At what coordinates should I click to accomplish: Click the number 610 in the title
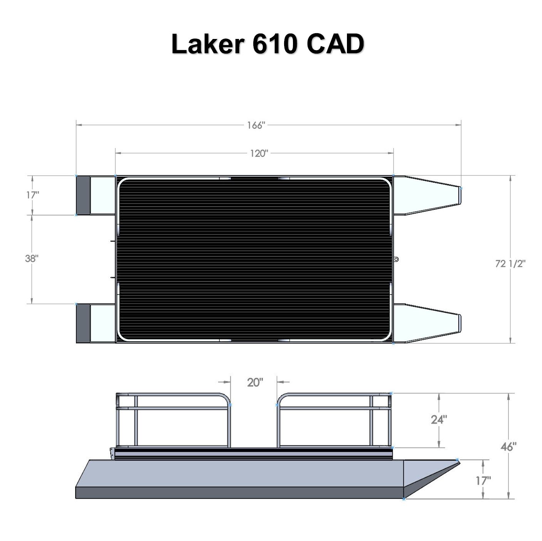coord(274,44)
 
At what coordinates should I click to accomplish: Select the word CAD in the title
coord(335,44)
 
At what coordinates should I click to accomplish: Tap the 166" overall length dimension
coord(256,125)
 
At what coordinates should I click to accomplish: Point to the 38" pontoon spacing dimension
coord(32,258)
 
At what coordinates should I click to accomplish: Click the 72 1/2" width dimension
coord(510,263)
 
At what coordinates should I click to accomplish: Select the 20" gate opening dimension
coord(255,383)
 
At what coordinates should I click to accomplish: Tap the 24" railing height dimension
coord(439,420)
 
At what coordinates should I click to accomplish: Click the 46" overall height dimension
coord(508,447)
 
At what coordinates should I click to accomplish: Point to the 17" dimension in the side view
coord(483,480)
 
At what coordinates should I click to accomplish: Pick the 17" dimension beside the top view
coord(32,195)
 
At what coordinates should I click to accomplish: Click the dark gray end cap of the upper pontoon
coord(83,195)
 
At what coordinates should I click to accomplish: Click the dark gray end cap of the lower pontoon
coord(83,323)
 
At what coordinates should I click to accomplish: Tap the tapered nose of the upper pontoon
coord(432,195)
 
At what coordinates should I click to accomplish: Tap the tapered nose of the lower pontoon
coord(432,323)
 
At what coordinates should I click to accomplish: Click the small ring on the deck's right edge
coord(396,259)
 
